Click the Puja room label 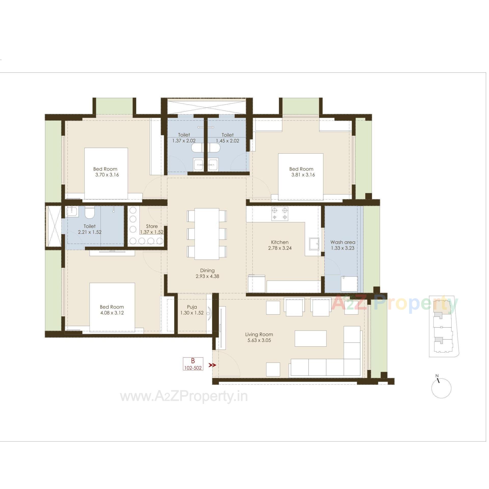click(x=192, y=307)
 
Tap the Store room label click(x=152, y=226)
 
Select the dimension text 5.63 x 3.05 click(x=259, y=340)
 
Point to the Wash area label click(x=343, y=242)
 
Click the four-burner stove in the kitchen click(x=280, y=214)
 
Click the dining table click(x=207, y=234)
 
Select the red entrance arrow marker click(x=212, y=365)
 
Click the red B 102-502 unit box click(x=193, y=364)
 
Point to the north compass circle click(x=441, y=388)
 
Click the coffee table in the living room click(x=310, y=338)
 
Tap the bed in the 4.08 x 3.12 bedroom click(x=112, y=307)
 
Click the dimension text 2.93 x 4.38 click(x=207, y=276)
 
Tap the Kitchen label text click(x=280, y=242)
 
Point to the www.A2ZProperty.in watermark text click(x=184, y=397)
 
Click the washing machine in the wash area click(x=349, y=284)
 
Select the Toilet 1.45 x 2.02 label click(x=227, y=138)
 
